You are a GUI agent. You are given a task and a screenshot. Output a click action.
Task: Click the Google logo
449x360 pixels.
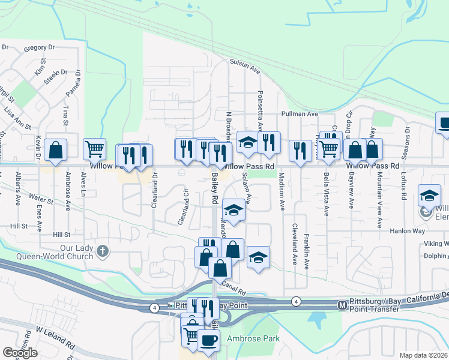pyautogui.click(x=20, y=353)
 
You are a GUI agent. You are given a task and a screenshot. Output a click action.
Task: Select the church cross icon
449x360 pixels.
pyautogui.click(x=103, y=251)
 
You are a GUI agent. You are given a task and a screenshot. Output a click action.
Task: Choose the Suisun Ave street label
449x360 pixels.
pyautogui.click(x=245, y=66)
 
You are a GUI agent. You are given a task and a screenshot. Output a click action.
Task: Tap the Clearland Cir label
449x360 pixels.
pyautogui.click(x=184, y=207)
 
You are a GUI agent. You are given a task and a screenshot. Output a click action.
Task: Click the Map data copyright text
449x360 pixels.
pyautogui.click(x=424, y=355)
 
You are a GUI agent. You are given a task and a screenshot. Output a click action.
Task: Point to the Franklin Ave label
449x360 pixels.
pyautogui.click(x=306, y=251)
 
